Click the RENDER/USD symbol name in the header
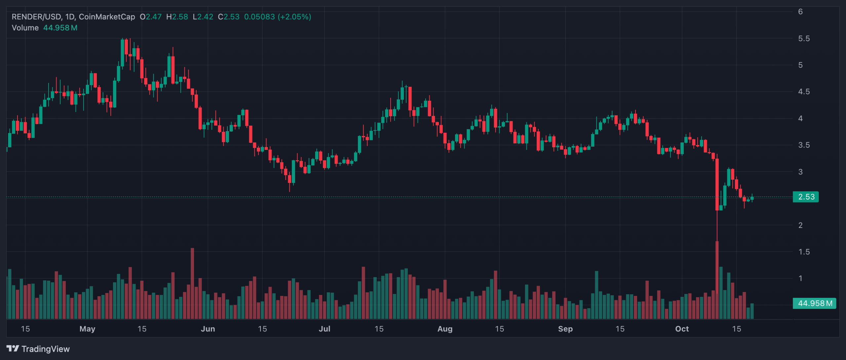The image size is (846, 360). tap(36, 17)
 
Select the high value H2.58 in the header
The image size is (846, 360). tap(177, 17)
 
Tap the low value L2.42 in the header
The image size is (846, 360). tap(203, 17)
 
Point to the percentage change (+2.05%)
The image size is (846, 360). tap(294, 17)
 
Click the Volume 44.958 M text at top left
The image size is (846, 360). tap(44, 28)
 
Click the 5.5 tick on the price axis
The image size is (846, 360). tap(804, 39)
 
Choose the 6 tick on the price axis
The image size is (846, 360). tap(800, 12)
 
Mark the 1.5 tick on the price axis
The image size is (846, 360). tap(804, 252)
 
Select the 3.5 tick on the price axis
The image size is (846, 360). tap(804, 145)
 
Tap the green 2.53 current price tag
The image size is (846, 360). tap(806, 197)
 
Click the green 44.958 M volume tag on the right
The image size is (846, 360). tap(814, 304)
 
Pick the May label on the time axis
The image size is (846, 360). tap(87, 329)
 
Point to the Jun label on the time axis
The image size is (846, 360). tap(208, 329)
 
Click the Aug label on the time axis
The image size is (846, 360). tap(445, 329)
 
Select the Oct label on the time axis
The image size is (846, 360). tap(682, 329)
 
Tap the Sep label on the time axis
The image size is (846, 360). tap(565, 329)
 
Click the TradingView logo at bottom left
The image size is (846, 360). tap(38, 349)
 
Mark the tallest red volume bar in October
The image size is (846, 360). tap(717, 281)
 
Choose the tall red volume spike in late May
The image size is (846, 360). tap(192, 283)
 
